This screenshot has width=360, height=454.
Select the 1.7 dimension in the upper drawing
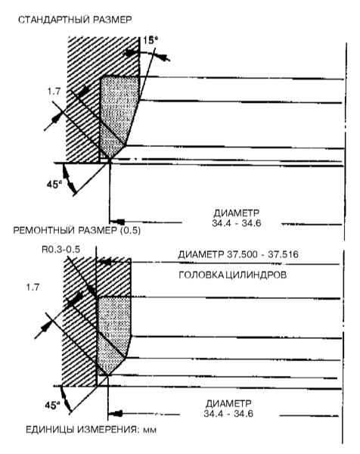click(x=54, y=92)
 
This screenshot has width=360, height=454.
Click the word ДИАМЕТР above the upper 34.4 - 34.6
click(x=237, y=213)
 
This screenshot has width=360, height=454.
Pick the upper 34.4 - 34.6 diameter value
click(x=237, y=223)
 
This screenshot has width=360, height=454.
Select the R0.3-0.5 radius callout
click(x=61, y=249)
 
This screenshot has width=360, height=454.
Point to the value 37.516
click(x=284, y=254)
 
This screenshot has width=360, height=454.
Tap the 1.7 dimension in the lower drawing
click(x=33, y=288)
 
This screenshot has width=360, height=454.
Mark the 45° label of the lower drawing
click(x=52, y=406)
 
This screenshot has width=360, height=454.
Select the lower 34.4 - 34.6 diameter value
click(x=228, y=413)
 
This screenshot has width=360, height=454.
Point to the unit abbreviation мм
click(x=150, y=431)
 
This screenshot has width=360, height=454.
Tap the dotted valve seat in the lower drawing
click(x=113, y=333)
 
